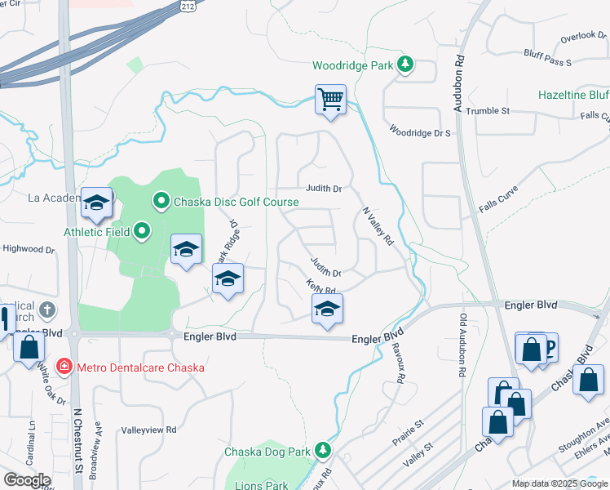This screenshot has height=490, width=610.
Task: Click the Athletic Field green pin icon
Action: tap(143, 232)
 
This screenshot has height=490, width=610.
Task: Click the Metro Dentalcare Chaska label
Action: tap(140, 367)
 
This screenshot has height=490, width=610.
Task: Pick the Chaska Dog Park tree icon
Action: tap(324, 451)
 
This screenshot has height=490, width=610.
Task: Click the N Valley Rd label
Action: tap(378, 226)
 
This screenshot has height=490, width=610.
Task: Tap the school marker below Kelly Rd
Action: tap(327, 309)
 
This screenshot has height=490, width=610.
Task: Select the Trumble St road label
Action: tap(488, 110)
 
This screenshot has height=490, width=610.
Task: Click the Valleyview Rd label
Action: tap(148, 430)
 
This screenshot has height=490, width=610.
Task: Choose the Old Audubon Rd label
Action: tap(462, 345)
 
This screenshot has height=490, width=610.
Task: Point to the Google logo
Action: tap(27, 479)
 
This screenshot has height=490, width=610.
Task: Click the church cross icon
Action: tap(47, 310)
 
